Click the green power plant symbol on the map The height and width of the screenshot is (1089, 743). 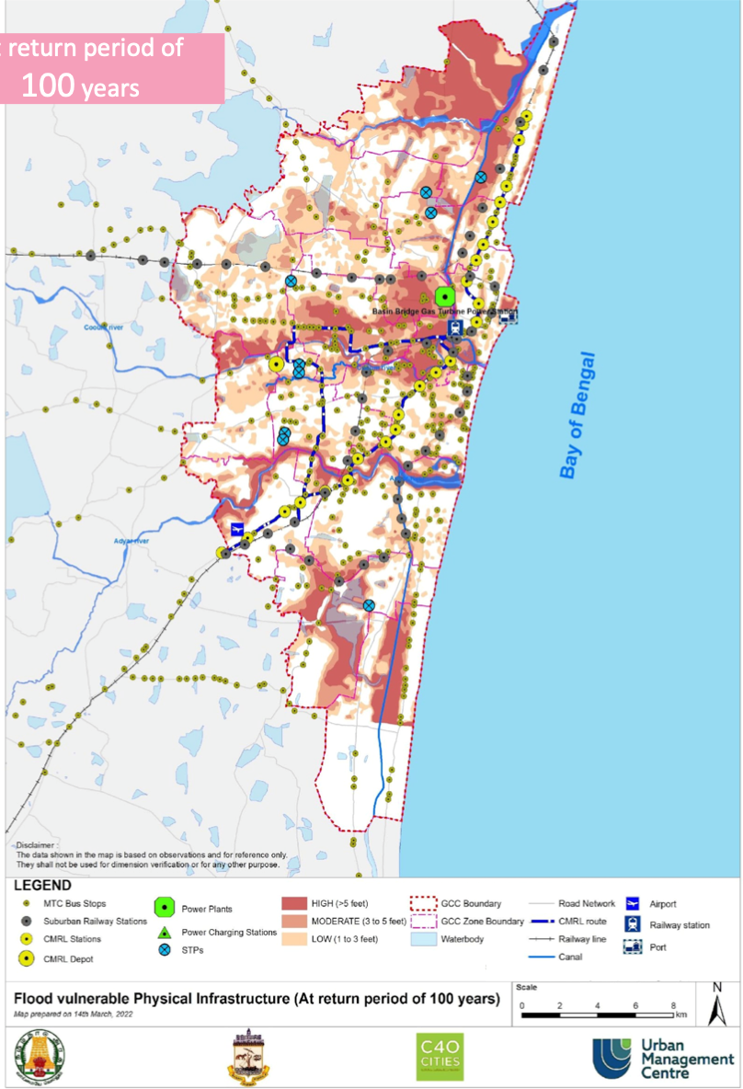445,296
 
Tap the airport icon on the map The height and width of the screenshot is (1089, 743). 238,530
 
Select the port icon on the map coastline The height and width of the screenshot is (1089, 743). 509,315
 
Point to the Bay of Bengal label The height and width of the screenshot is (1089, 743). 577,416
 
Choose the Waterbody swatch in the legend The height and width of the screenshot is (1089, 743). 424,939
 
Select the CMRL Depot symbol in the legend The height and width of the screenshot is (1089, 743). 28,958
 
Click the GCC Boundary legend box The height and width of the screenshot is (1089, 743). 424,904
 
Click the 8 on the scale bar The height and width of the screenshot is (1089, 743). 674,1005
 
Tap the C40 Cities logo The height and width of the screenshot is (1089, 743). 440,1057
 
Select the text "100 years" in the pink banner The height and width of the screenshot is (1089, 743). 80,87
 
